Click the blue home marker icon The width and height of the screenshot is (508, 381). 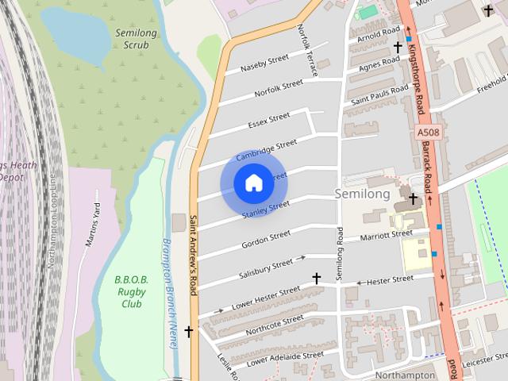(253, 183)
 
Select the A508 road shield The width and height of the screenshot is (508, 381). (428, 134)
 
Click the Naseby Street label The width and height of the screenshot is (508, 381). (259, 62)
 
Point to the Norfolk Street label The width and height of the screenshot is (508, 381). (279, 87)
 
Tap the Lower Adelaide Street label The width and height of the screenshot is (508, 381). (284, 356)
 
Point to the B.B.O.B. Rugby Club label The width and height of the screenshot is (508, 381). (127, 291)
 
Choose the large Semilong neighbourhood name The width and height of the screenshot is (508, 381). (363, 194)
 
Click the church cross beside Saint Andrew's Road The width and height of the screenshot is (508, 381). (188, 330)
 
